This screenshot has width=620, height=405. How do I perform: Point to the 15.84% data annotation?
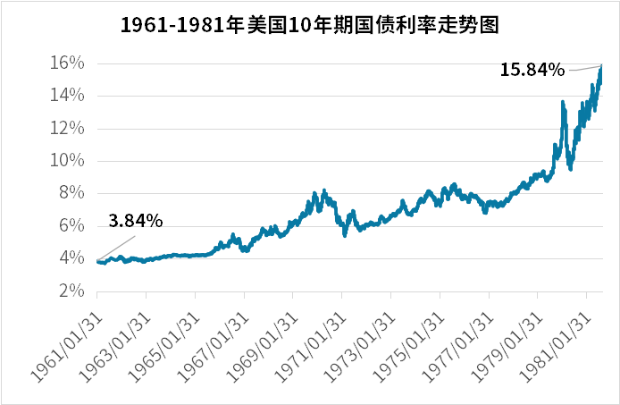pyautogui.click(x=532, y=69)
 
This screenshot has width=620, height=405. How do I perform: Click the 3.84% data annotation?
pyautogui.click(x=136, y=220)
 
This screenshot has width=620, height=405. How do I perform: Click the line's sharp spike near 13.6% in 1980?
pyautogui.click(x=562, y=103)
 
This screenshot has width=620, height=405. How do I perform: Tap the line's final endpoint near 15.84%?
pyautogui.click(x=602, y=66)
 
